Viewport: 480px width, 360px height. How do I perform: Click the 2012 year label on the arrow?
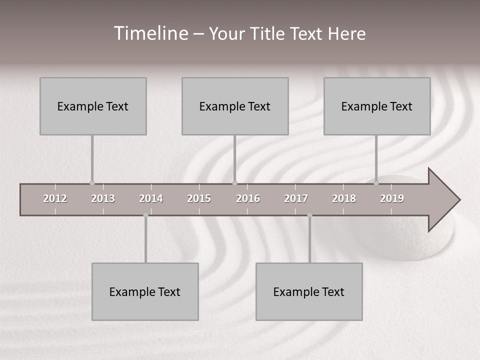click(x=55, y=198)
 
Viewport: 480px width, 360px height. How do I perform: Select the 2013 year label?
click(x=103, y=198)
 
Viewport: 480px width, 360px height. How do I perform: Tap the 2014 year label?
click(x=151, y=198)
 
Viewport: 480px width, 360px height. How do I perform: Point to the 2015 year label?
click(x=199, y=198)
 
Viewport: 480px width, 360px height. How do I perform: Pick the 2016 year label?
click(x=248, y=198)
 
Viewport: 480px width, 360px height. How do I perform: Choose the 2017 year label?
click(x=296, y=198)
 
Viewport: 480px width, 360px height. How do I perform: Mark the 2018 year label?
click(x=344, y=198)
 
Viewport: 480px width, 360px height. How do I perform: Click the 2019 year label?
click(x=392, y=198)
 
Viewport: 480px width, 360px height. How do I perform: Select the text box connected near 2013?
click(x=93, y=106)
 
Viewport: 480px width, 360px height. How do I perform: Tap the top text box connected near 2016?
click(x=235, y=106)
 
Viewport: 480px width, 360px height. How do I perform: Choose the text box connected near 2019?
click(x=377, y=106)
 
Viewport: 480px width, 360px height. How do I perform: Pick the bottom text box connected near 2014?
click(x=145, y=291)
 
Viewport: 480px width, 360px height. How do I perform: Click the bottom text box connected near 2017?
click(x=309, y=291)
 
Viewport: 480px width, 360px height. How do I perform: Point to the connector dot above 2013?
click(x=92, y=183)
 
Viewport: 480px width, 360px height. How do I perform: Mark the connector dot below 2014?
click(x=145, y=215)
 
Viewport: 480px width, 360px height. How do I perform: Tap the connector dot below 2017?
click(x=309, y=215)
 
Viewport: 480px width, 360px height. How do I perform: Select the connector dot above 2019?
click(x=376, y=183)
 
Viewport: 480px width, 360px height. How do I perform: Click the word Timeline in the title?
click(x=150, y=33)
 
